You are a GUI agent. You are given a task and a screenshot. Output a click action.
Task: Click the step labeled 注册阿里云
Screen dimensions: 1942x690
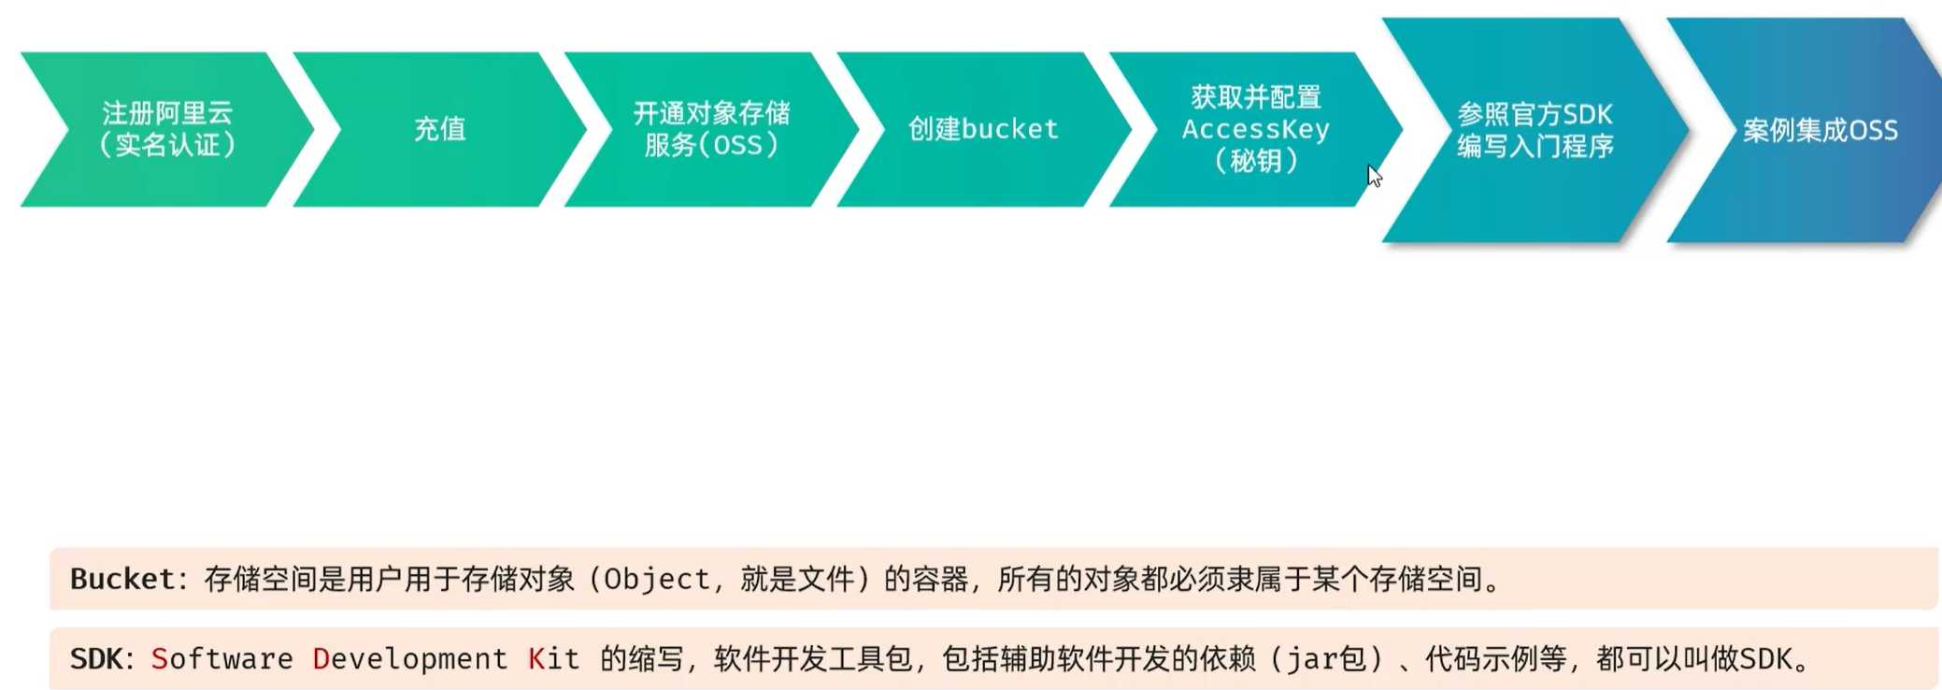point(167,113)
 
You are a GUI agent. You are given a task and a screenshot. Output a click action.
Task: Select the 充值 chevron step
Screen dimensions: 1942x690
point(439,129)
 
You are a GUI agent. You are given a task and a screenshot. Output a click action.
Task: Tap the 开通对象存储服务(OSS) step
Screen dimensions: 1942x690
point(711,129)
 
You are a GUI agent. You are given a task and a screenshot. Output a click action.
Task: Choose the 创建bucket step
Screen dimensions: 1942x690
point(983,129)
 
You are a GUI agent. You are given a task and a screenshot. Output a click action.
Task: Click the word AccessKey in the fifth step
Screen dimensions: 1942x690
point(1255,129)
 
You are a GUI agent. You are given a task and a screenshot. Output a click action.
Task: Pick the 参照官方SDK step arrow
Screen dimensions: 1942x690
point(1535,115)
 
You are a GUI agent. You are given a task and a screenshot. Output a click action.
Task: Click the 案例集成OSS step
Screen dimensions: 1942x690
point(1820,130)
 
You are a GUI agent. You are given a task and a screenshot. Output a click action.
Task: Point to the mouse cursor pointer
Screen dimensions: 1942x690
point(1374,175)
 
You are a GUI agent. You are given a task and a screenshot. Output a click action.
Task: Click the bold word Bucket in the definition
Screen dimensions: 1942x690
point(122,580)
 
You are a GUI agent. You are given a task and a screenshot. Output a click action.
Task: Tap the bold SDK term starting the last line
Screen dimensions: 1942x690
point(95,659)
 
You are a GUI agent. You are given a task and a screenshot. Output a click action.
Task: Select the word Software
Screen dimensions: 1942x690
point(222,659)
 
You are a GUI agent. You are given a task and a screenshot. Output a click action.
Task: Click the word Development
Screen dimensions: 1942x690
point(409,659)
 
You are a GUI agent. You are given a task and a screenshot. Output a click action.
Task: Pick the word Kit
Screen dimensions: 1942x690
point(553,659)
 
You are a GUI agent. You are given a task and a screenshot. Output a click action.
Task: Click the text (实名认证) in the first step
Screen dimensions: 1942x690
point(167,145)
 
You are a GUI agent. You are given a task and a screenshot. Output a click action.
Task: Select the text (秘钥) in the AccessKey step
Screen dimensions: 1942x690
point(1255,161)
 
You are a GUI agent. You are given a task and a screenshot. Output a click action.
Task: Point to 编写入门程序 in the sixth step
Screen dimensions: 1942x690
point(1535,147)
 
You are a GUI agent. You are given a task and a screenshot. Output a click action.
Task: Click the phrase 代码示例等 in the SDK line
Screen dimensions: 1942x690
point(1495,659)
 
